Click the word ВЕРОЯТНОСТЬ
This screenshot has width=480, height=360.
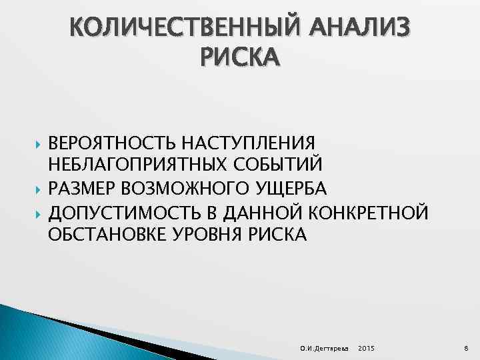click(x=109, y=143)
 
